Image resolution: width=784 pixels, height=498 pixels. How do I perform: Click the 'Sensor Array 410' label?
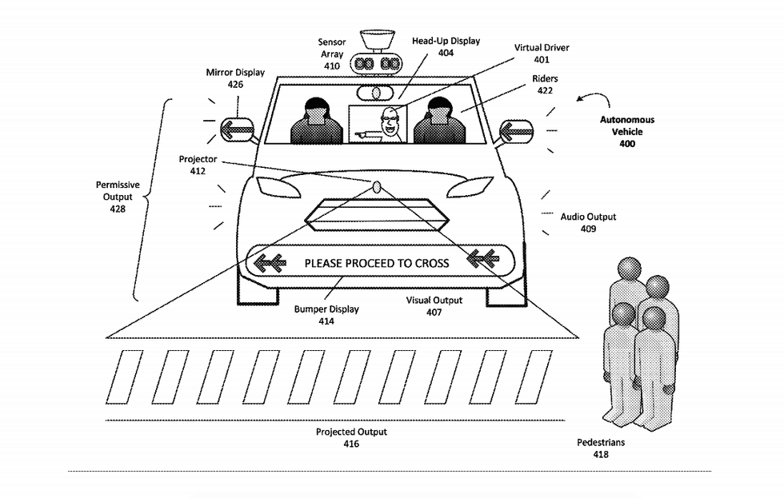tap(332, 54)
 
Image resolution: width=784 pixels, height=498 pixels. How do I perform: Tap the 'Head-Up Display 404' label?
tap(445, 46)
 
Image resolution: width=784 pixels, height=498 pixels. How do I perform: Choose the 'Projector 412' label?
tap(198, 165)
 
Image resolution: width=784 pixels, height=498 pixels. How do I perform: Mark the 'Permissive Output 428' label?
tap(118, 197)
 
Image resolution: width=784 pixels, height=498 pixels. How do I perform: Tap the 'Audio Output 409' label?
tap(588, 222)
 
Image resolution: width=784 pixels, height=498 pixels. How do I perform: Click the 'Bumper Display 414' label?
tap(326, 315)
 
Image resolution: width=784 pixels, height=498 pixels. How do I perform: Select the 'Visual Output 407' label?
tap(434, 306)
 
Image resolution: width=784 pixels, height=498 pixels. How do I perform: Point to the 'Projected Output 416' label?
tap(351, 437)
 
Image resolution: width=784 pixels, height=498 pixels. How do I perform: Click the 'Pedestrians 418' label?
tap(601, 448)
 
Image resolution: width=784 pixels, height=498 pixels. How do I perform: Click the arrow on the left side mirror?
tap(237, 128)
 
